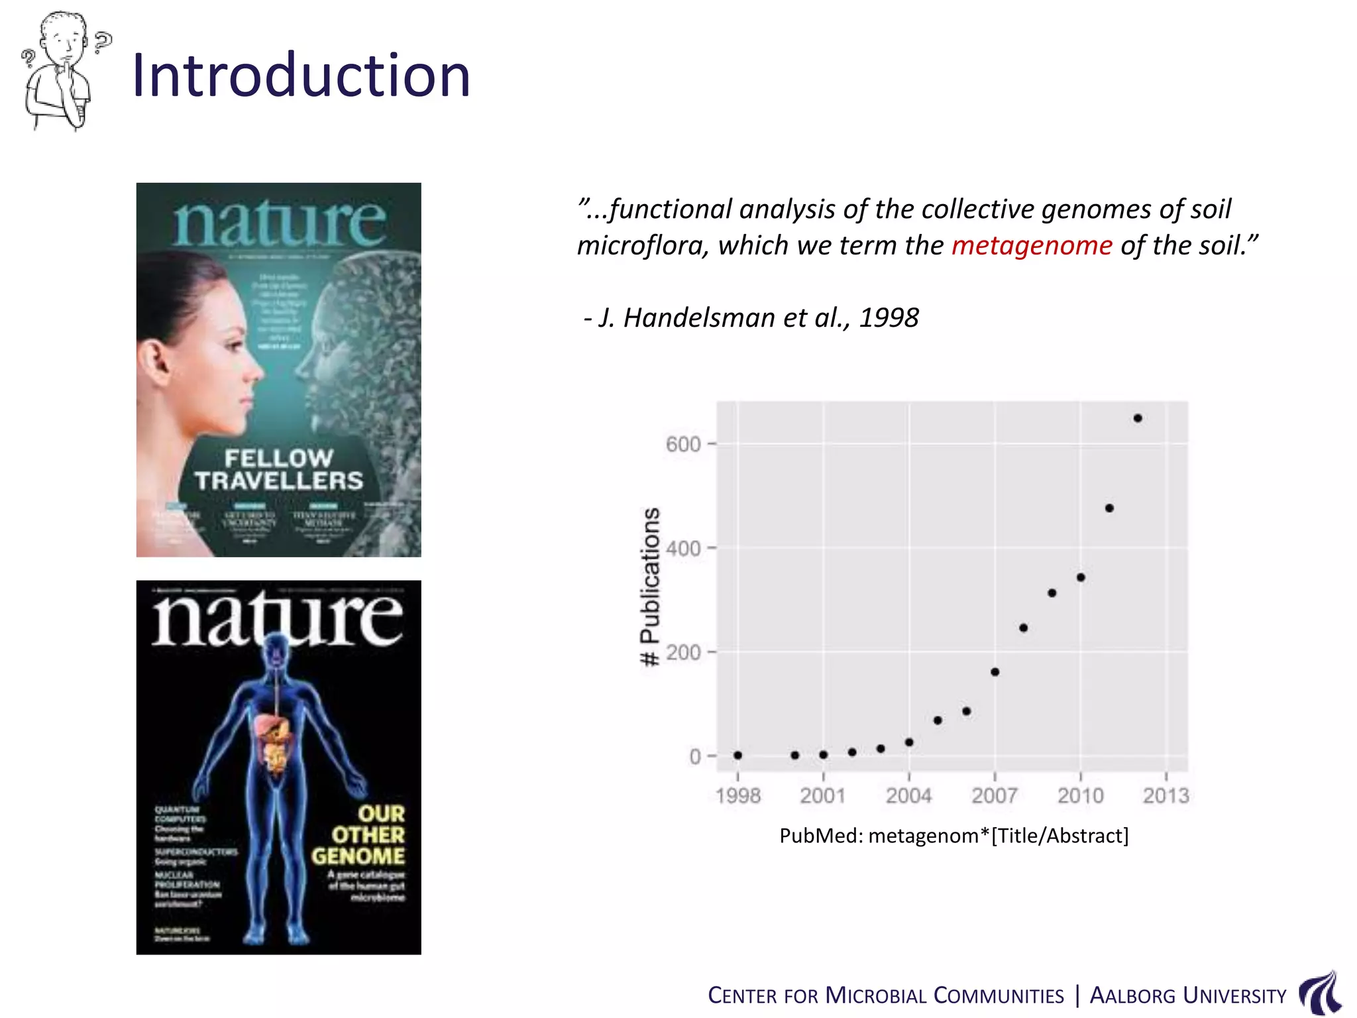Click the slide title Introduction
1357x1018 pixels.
301,76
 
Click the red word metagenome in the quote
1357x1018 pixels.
1032,245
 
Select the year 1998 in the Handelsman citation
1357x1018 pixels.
889,318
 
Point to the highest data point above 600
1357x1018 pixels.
1138,418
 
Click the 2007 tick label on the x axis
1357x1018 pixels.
995,795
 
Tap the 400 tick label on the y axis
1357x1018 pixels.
682,549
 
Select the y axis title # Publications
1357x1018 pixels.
651,586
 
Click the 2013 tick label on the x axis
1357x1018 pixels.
1166,795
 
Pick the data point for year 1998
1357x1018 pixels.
737,756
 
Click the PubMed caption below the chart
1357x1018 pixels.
953,836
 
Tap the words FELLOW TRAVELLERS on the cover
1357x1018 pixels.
278,469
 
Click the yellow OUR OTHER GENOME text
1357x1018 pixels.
360,835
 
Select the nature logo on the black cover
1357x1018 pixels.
278,620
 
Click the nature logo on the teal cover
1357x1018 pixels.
278,223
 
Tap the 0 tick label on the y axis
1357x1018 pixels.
694,756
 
